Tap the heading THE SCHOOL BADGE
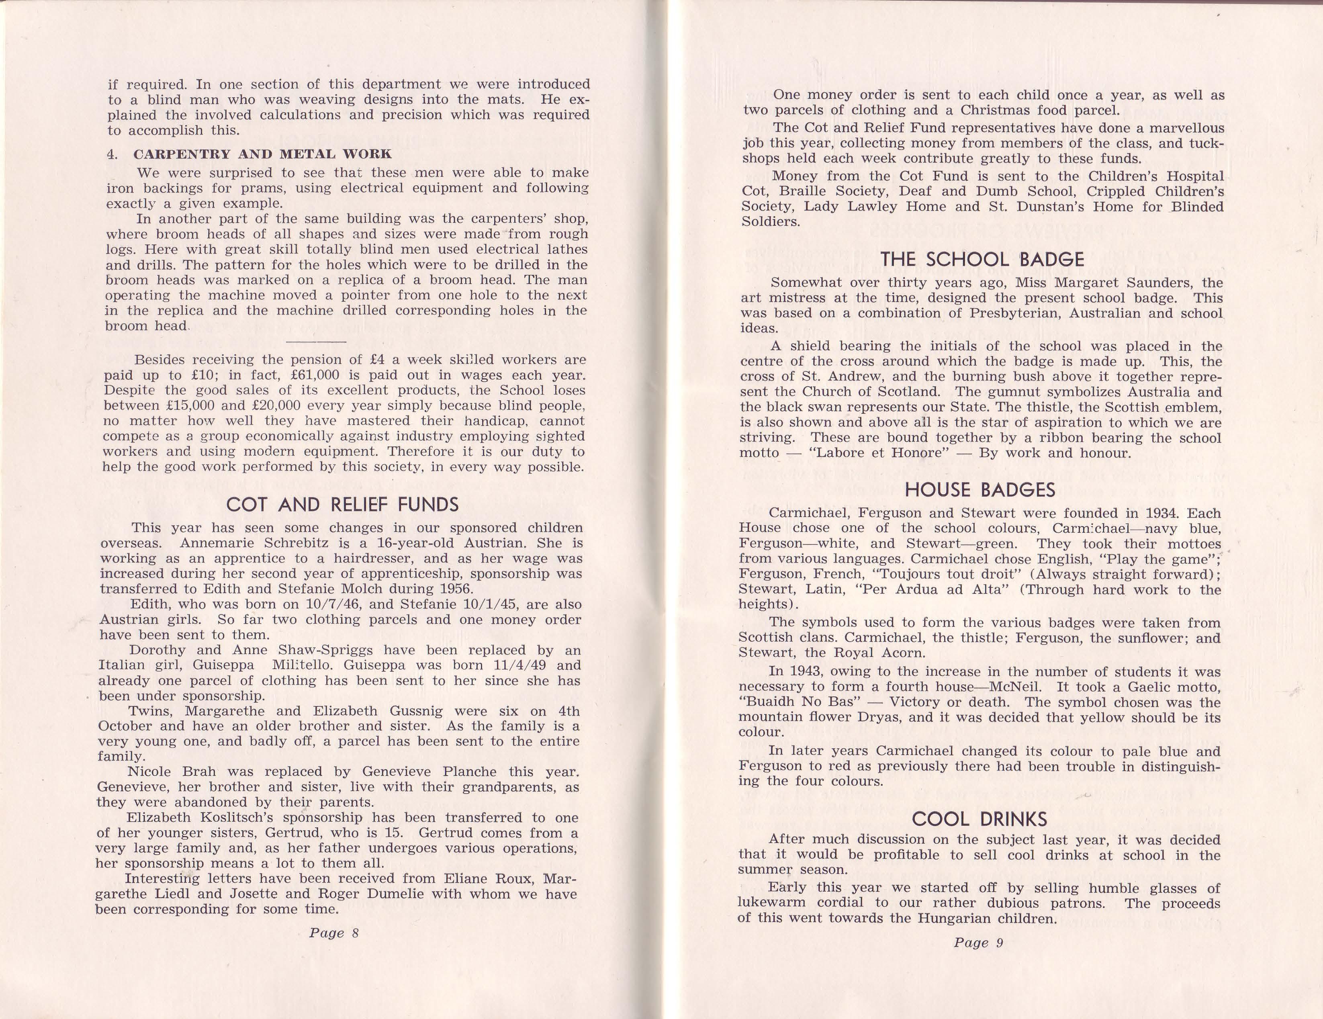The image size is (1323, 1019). tap(982, 259)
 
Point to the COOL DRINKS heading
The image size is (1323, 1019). tap(979, 818)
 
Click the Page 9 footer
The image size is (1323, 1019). tap(978, 942)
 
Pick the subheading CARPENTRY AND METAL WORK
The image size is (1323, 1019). tap(262, 154)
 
